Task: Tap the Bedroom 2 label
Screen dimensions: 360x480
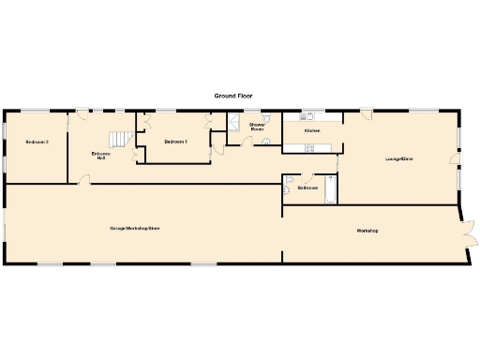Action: [37, 142]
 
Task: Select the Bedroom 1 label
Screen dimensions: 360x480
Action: [175, 142]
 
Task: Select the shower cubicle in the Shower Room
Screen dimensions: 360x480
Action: [234, 122]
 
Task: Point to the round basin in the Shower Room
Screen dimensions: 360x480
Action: [265, 142]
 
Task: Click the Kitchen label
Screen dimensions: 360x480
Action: [312, 130]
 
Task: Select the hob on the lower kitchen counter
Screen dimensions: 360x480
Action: [308, 146]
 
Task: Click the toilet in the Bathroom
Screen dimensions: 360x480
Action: [292, 181]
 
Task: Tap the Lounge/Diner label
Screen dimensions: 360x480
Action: [399, 159]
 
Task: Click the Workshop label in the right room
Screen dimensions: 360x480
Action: [366, 231]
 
